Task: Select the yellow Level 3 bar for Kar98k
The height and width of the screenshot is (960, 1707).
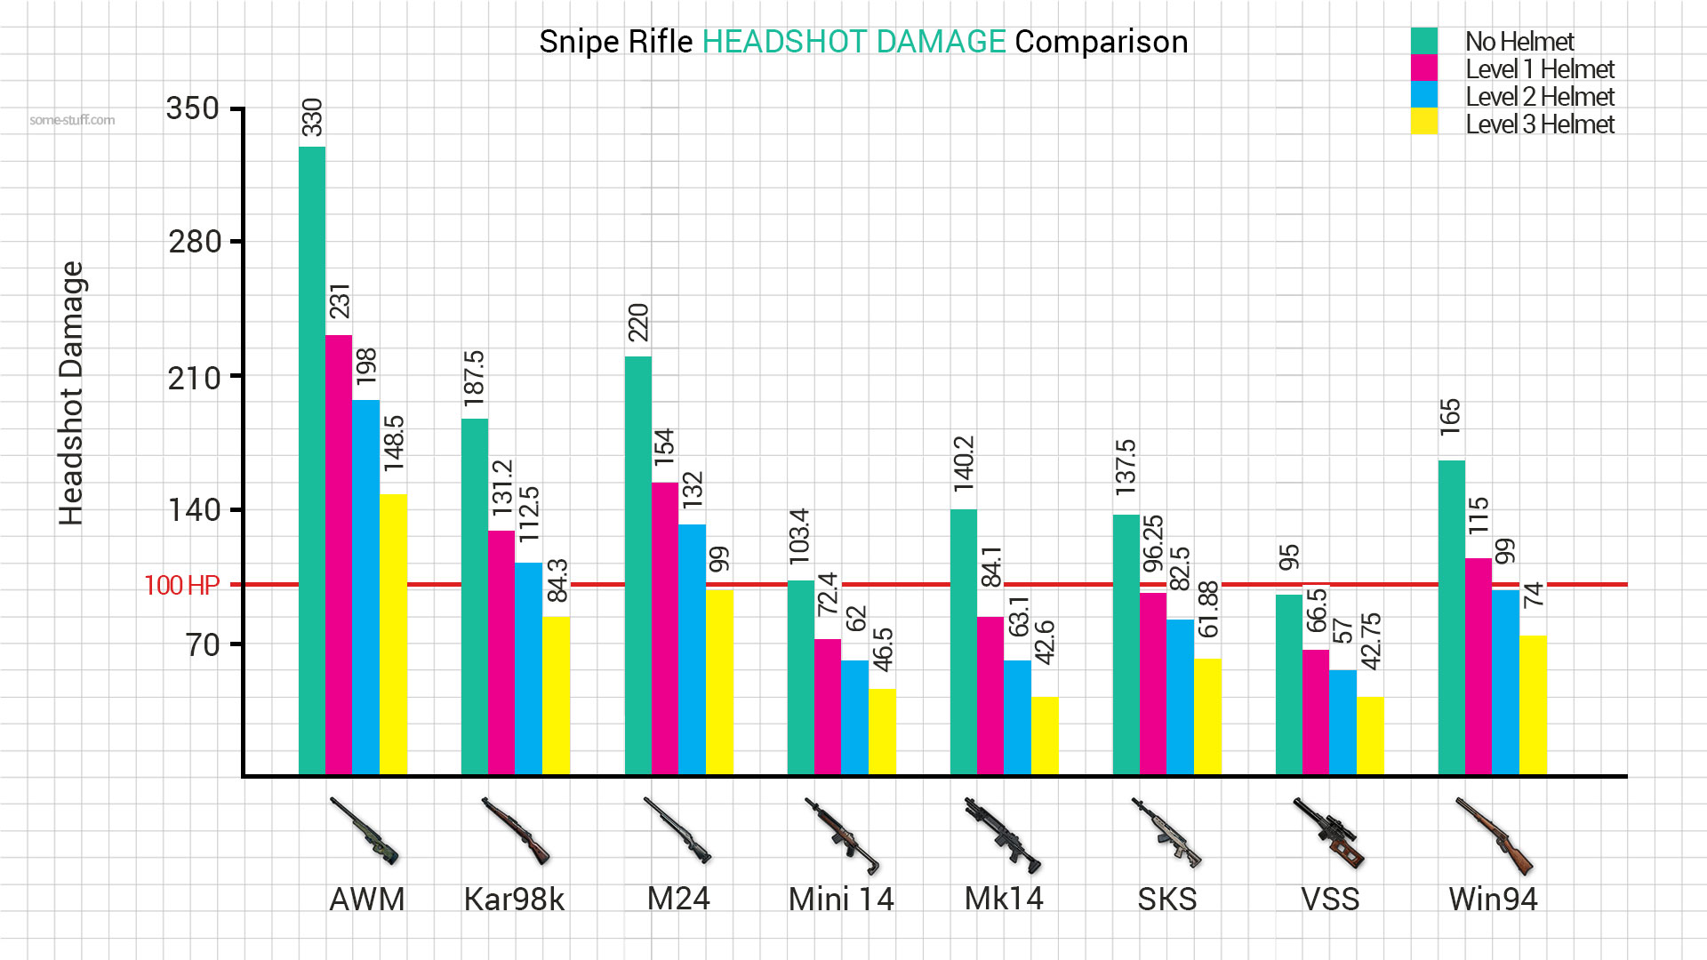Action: (x=556, y=695)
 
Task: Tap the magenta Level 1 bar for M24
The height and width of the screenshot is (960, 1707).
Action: (x=664, y=628)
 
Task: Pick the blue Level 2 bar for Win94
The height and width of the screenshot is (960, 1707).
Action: (x=1505, y=682)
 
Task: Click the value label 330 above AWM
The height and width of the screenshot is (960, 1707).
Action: (x=312, y=117)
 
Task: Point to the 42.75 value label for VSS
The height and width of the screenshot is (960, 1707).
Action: (x=1371, y=641)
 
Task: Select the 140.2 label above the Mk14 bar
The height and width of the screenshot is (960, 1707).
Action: (x=964, y=463)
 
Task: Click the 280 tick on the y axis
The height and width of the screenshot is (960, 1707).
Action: (x=194, y=242)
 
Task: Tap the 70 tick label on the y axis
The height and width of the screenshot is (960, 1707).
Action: (x=203, y=644)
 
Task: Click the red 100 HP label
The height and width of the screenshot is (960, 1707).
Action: (x=181, y=586)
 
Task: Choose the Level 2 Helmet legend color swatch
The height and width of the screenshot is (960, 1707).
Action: (x=1423, y=95)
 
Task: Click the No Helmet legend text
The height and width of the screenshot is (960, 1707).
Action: (x=1519, y=42)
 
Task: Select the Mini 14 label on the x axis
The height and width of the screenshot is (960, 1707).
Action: (x=840, y=900)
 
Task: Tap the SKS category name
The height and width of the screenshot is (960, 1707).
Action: (x=1166, y=900)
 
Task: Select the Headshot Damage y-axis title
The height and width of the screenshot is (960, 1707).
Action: (x=71, y=393)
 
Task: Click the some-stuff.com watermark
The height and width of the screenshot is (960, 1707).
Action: (x=72, y=120)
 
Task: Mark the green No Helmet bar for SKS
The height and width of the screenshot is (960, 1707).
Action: (x=1126, y=644)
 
